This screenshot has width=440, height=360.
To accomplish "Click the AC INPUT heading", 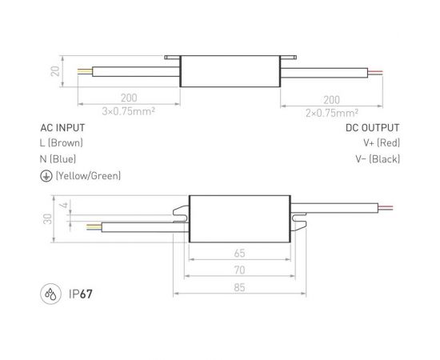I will coord(62,127).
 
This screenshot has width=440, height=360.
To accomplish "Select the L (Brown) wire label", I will coord(62,142).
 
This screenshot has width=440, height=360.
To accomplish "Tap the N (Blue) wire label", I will coord(58,158).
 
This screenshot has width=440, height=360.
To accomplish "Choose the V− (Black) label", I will coord(377,158).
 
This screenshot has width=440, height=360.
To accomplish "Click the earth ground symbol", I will coord(46,175).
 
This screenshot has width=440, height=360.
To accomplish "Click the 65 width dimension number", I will coord(239,253).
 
